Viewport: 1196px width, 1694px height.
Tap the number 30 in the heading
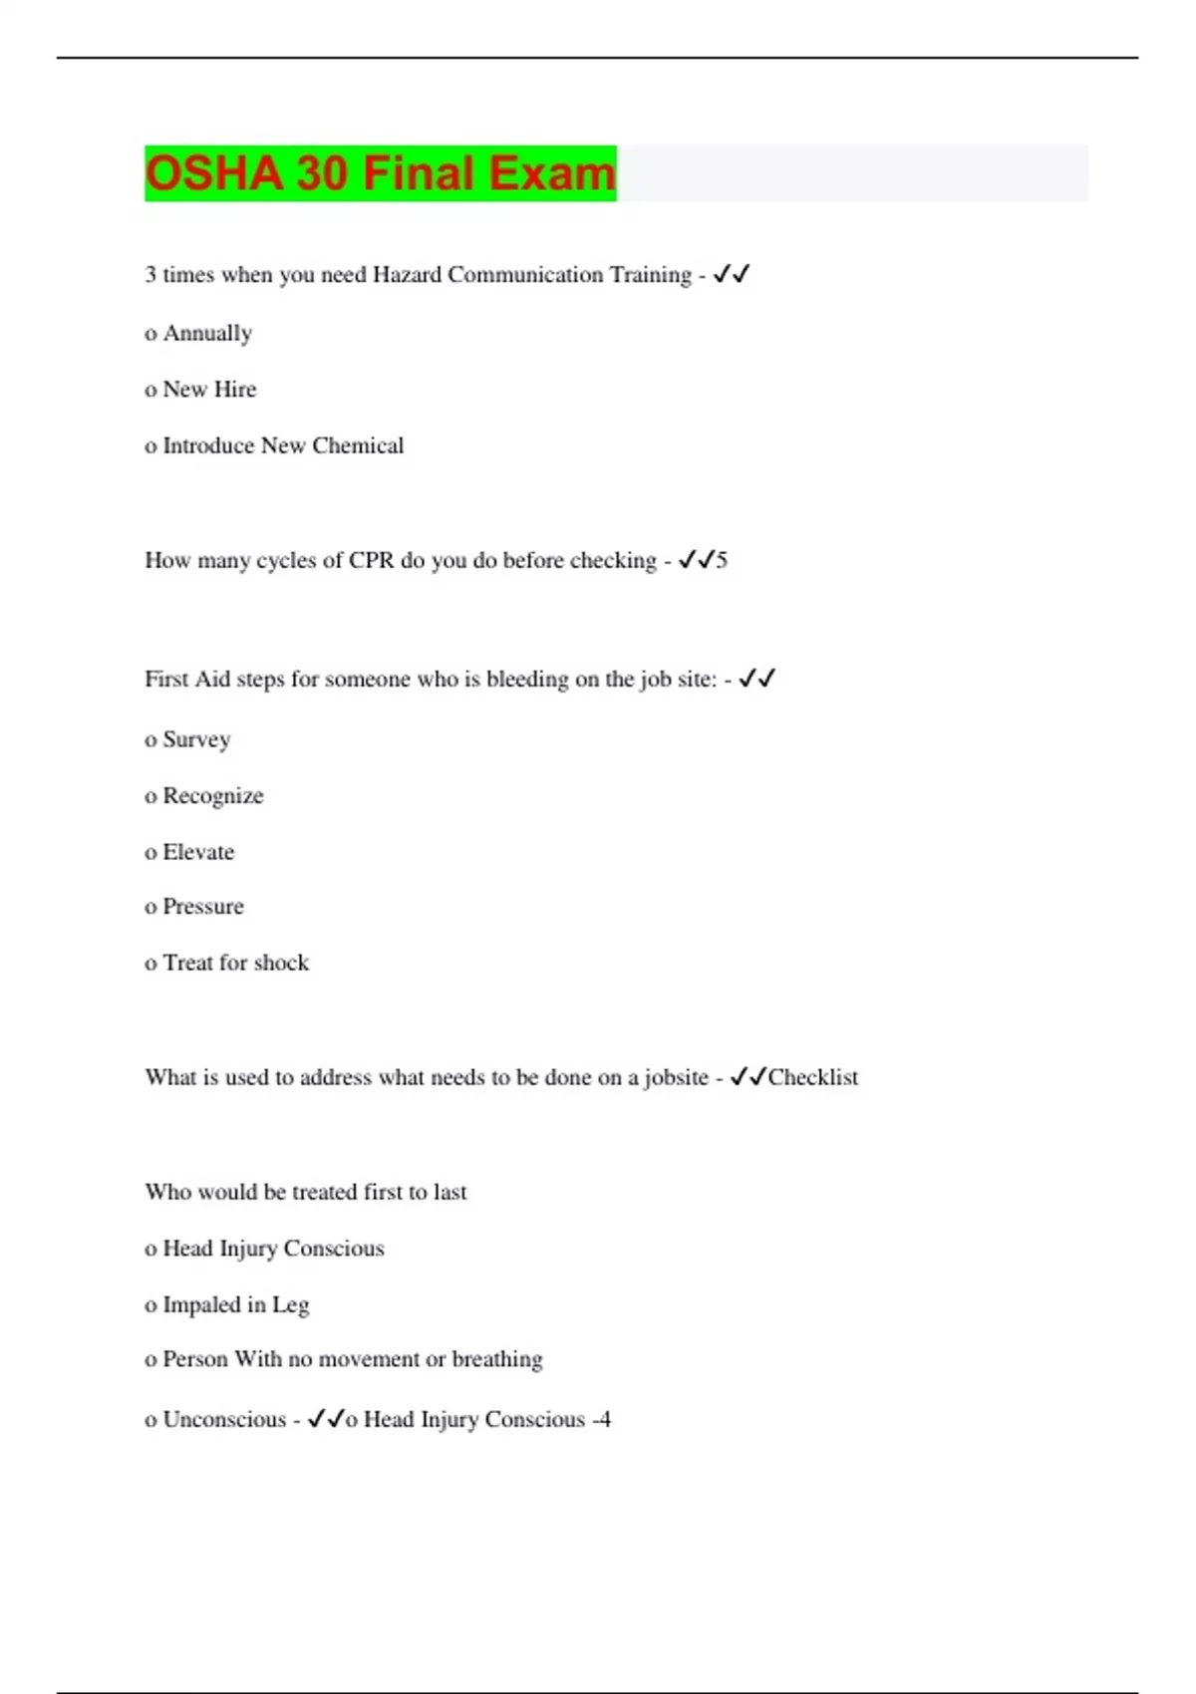pyautogui.click(x=321, y=173)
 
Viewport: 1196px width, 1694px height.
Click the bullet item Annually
pyautogui.click(x=207, y=334)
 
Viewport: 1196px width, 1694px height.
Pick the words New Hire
pyautogui.click(x=209, y=390)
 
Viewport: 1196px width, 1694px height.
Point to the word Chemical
pyautogui.click(x=358, y=445)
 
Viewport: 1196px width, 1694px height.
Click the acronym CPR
pyautogui.click(x=371, y=560)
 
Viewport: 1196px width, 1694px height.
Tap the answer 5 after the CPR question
pyautogui.click(x=722, y=560)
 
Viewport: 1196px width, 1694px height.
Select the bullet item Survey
pyautogui.click(x=196, y=739)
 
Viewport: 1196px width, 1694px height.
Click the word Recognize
pyautogui.click(x=213, y=796)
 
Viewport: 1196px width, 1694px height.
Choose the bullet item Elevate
pyautogui.click(x=198, y=852)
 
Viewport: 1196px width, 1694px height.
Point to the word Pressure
pyautogui.click(x=203, y=907)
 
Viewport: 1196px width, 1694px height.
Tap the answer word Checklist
pyautogui.click(x=812, y=1077)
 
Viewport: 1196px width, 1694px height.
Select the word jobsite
pyautogui.click(x=676, y=1077)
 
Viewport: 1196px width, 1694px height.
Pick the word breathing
pyautogui.click(x=497, y=1359)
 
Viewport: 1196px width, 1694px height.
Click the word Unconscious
pyautogui.click(x=224, y=1419)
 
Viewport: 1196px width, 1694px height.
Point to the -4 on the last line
pyautogui.click(x=601, y=1419)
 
